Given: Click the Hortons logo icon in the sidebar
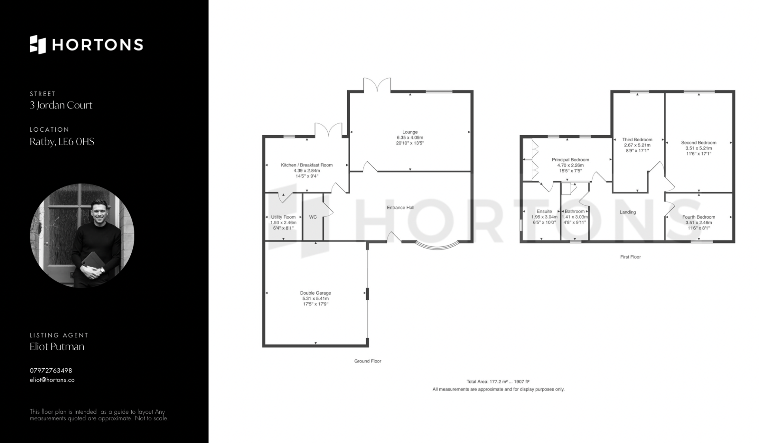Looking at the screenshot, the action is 38,44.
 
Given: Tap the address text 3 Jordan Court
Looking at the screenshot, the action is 61,105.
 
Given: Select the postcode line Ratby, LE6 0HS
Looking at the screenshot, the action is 62,142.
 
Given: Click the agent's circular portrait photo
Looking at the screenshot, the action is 82,235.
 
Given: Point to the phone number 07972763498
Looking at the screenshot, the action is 51,371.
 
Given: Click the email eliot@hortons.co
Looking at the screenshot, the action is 52,380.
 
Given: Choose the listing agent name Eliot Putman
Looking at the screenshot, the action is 57,346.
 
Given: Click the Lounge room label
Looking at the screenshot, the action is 410,132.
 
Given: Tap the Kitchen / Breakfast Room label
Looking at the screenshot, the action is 307,165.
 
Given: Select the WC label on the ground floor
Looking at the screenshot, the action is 313,217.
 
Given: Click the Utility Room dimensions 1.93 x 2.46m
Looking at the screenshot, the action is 283,223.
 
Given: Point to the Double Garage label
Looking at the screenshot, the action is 315,293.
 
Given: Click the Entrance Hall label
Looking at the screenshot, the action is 400,207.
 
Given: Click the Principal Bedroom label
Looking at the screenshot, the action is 570,160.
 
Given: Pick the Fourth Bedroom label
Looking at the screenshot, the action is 699,217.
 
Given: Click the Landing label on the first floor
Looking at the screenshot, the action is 628,212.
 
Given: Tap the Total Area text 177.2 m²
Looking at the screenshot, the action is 498,382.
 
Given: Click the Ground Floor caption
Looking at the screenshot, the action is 368,361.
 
